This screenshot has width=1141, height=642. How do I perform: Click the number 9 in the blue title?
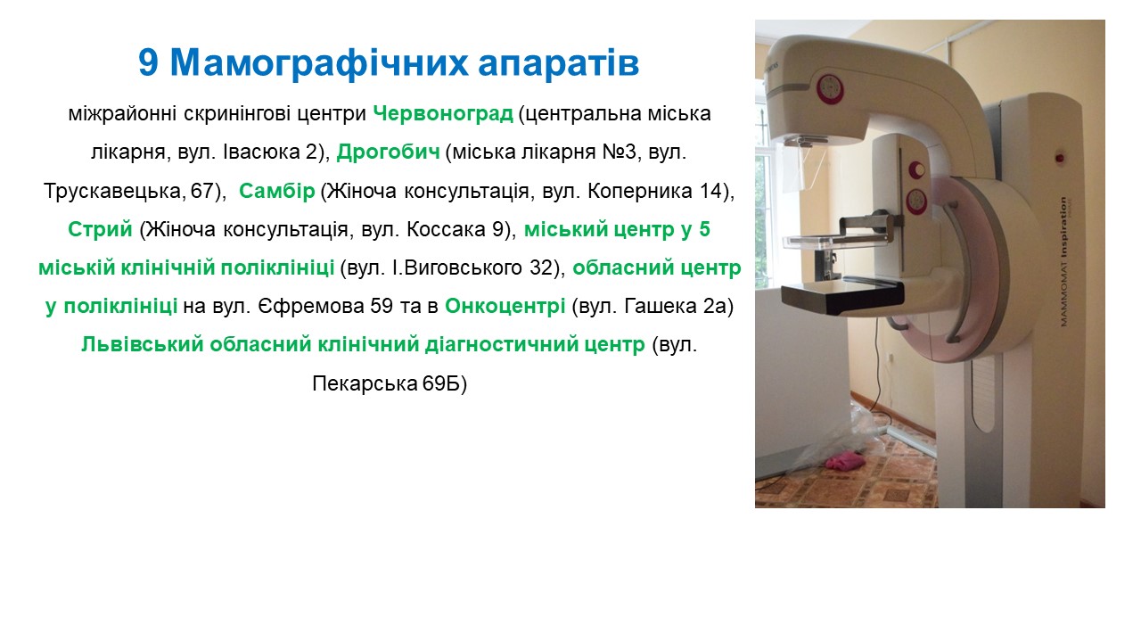148,63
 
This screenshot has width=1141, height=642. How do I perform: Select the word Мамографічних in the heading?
318,63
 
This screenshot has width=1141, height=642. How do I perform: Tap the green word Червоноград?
443,113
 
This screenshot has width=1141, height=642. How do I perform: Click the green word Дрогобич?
388,152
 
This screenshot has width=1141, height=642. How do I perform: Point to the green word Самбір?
277,191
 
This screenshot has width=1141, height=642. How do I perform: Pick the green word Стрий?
100,229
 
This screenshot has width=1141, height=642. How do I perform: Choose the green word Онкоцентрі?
505,306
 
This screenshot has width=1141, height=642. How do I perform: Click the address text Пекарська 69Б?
390,383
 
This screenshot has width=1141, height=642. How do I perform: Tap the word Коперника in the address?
640,191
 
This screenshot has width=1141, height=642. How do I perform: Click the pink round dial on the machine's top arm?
830,89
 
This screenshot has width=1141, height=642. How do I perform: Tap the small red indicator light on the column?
1060,159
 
